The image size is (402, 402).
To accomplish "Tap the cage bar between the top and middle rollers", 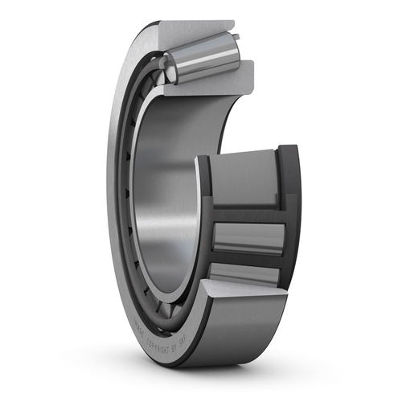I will pyautogui.click(x=245, y=214).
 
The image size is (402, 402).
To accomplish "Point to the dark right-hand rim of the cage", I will pyautogui.click(x=289, y=217).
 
